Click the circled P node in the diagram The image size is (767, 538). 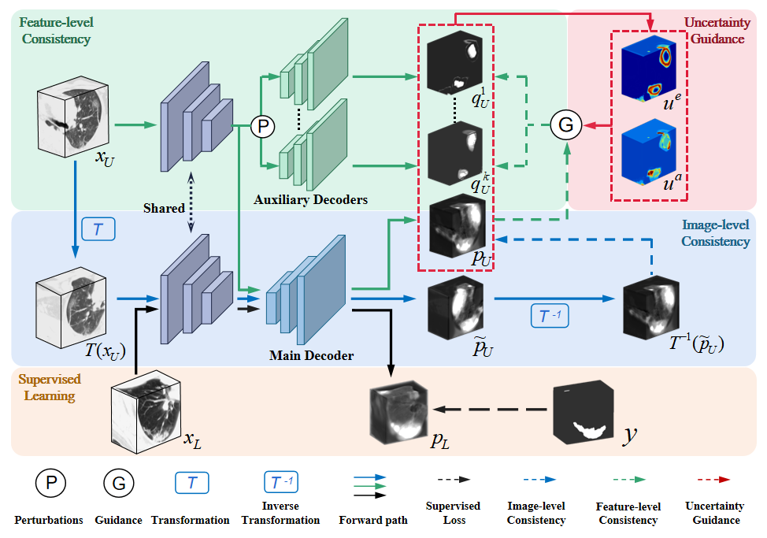tap(261, 124)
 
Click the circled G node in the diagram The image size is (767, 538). tap(565, 124)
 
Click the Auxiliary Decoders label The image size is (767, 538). tap(310, 199)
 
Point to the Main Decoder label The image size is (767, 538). tap(311, 355)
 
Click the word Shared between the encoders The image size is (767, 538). tap(165, 208)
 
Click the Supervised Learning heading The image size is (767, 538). tap(50, 387)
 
